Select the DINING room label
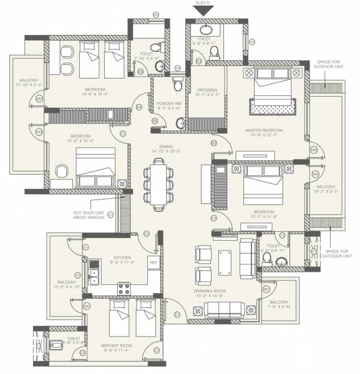(165, 148)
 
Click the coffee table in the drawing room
(225, 262)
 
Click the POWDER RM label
(169, 103)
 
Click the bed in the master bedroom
(271, 92)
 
